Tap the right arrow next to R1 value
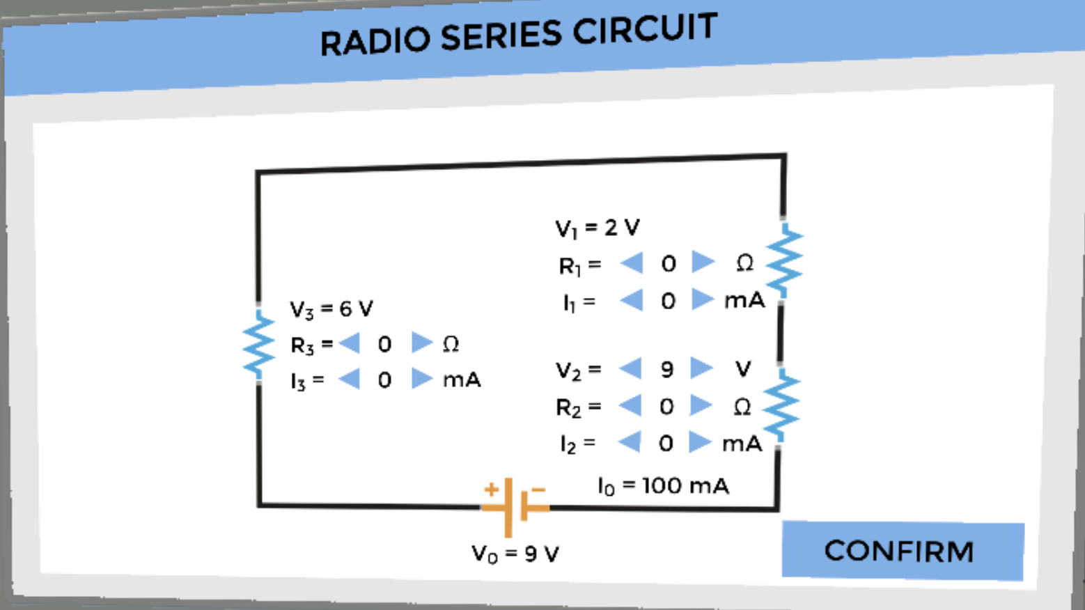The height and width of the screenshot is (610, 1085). point(703,263)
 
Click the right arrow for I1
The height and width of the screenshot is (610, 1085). point(702,299)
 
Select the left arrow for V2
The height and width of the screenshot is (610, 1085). point(631,368)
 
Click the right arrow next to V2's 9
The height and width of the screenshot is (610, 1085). point(701,368)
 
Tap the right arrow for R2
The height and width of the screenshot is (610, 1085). point(701,405)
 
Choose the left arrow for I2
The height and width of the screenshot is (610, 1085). point(630,441)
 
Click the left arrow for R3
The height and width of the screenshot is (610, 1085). point(350,343)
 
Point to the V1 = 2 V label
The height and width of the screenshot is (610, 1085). point(597,228)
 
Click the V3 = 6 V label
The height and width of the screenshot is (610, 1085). point(331,308)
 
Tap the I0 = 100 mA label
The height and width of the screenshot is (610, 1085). point(663,485)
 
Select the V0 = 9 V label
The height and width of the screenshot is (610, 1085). point(515,554)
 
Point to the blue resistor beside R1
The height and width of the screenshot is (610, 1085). point(784,260)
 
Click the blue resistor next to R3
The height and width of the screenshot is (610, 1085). point(258,344)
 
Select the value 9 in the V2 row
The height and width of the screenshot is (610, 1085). point(666,369)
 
